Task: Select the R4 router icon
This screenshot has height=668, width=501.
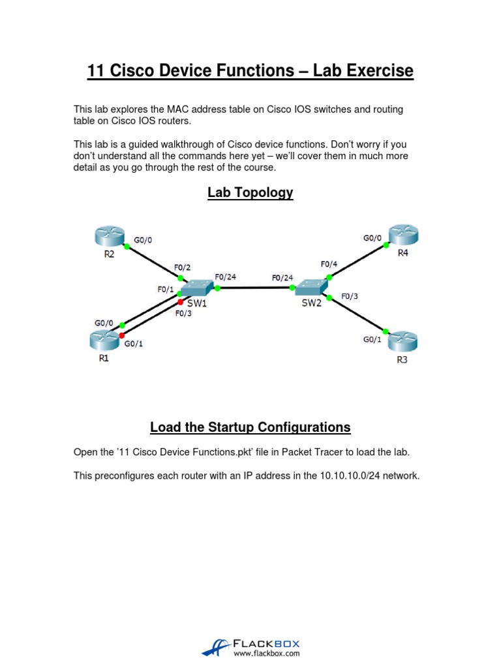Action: pyautogui.click(x=402, y=235)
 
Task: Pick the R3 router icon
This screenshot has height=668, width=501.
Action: pyautogui.click(x=402, y=341)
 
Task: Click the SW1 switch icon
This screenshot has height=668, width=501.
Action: pyautogui.click(x=196, y=288)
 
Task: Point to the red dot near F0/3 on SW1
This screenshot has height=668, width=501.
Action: pyautogui.click(x=181, y=301)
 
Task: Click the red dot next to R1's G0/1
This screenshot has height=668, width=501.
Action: pyautogui.click(x=122, y=335)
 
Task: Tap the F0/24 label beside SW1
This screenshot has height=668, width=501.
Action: pyautogui.click(x=225, y=277)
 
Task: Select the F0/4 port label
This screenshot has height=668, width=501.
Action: pyautogui.click(x=329, y=264)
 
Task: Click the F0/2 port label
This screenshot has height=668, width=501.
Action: pyautogui.click(x=182, y=267)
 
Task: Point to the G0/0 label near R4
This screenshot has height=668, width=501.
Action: pyautogui.click(x=372, y=239)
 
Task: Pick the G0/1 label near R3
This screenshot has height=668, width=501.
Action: pyautogui.click(x=372, y=339)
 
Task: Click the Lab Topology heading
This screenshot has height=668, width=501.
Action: pyautogui.click(x=250, y=192)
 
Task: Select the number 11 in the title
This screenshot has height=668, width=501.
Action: pyautogui.click(x=96, y=70)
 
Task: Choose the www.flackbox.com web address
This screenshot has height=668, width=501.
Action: pyautogui.click(x=266, y=652)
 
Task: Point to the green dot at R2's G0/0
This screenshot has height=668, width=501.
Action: pyautogui.click(x=127, y=247)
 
